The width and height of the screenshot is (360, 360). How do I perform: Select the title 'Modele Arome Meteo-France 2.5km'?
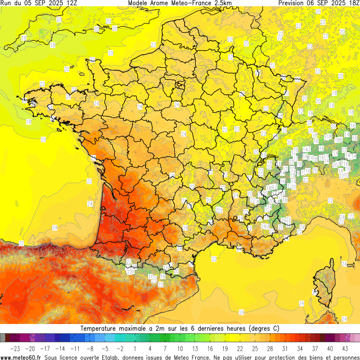point(180,3)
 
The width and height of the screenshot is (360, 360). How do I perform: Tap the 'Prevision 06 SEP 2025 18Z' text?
point(319,3)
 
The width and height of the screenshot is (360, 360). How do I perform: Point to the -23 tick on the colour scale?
point(16,348)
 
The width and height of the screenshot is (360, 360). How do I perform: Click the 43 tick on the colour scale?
point(345,348)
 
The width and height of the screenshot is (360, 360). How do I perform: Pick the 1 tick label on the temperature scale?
point(135,348)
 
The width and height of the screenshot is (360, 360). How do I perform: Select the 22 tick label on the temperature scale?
point(240,348)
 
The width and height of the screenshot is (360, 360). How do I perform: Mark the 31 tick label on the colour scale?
point(285,348)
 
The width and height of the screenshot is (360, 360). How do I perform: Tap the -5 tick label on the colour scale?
point(105,348)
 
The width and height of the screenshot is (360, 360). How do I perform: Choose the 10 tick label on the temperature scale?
point(180,348)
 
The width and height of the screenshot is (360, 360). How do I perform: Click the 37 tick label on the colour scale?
point(315,348)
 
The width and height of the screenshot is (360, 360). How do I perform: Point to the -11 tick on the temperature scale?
point(75,348)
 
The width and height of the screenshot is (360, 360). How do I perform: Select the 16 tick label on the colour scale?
point(210,348)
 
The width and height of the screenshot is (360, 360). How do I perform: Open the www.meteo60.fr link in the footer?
point(21,357)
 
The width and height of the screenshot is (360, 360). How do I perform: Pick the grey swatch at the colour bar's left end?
point(3,338)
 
